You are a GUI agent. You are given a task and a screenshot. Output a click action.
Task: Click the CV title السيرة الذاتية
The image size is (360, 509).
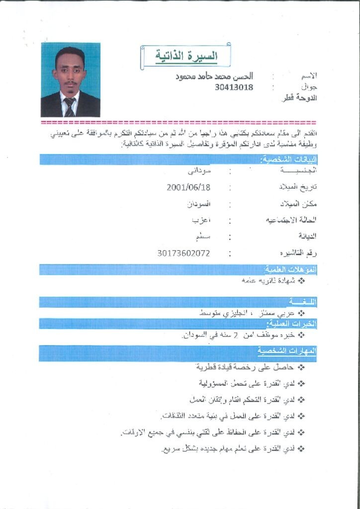coord(186,56)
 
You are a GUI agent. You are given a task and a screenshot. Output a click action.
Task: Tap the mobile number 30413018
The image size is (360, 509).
coord(234,87)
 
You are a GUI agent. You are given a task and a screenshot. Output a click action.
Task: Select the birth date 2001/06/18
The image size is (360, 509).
coord(189,187)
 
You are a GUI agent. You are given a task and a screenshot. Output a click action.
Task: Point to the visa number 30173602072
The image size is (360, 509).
coord(183,253)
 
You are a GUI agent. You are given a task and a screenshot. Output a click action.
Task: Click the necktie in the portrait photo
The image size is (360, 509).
coord(70,106)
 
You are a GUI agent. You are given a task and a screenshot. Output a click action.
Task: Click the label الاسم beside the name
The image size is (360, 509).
coord(307,77)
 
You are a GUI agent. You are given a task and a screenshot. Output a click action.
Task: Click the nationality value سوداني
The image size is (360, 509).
coord(198,171)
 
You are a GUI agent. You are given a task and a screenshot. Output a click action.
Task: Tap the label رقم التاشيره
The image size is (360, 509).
coord(298,253)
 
